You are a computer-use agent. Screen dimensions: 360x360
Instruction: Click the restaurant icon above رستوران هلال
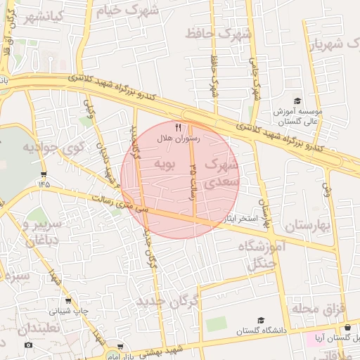pos(178,127)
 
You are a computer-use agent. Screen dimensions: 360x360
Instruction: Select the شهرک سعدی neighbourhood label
pos(222,172)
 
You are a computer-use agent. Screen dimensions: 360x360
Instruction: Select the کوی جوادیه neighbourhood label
pos(53,148)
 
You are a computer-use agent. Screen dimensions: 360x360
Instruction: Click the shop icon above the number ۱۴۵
pos(44,174)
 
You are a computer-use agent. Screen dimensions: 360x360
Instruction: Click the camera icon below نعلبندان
pos(28,345)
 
